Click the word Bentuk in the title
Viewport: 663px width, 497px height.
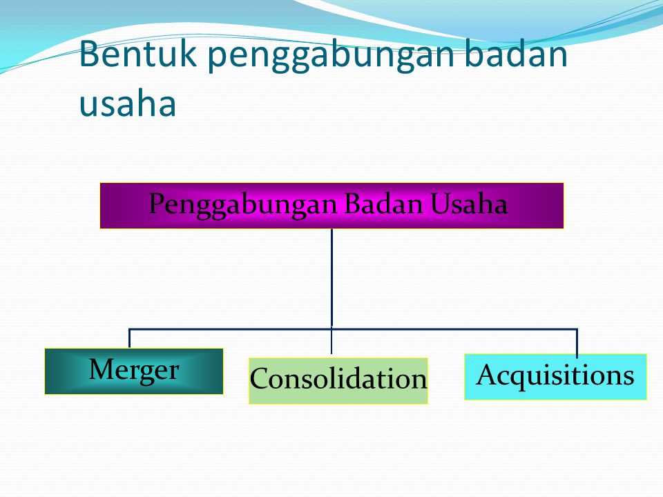pos(138,54)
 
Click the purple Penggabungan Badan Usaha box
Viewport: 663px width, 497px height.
pos(332,206)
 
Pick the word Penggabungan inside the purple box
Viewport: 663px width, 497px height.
pos(243,205)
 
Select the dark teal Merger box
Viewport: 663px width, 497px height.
pos(134,371)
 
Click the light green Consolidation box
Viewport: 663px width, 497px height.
pos(338,381)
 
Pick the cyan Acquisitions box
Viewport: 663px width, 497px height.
pos(555,377)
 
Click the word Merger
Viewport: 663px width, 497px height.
pos(134,370)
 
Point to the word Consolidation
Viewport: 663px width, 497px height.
pos(338,378)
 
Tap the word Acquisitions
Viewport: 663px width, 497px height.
pos(555,376)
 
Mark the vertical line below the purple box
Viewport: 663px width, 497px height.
pos(332,277)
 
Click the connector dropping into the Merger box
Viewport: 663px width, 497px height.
pos(129,338)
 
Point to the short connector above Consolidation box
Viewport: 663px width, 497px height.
pos(331,341)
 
